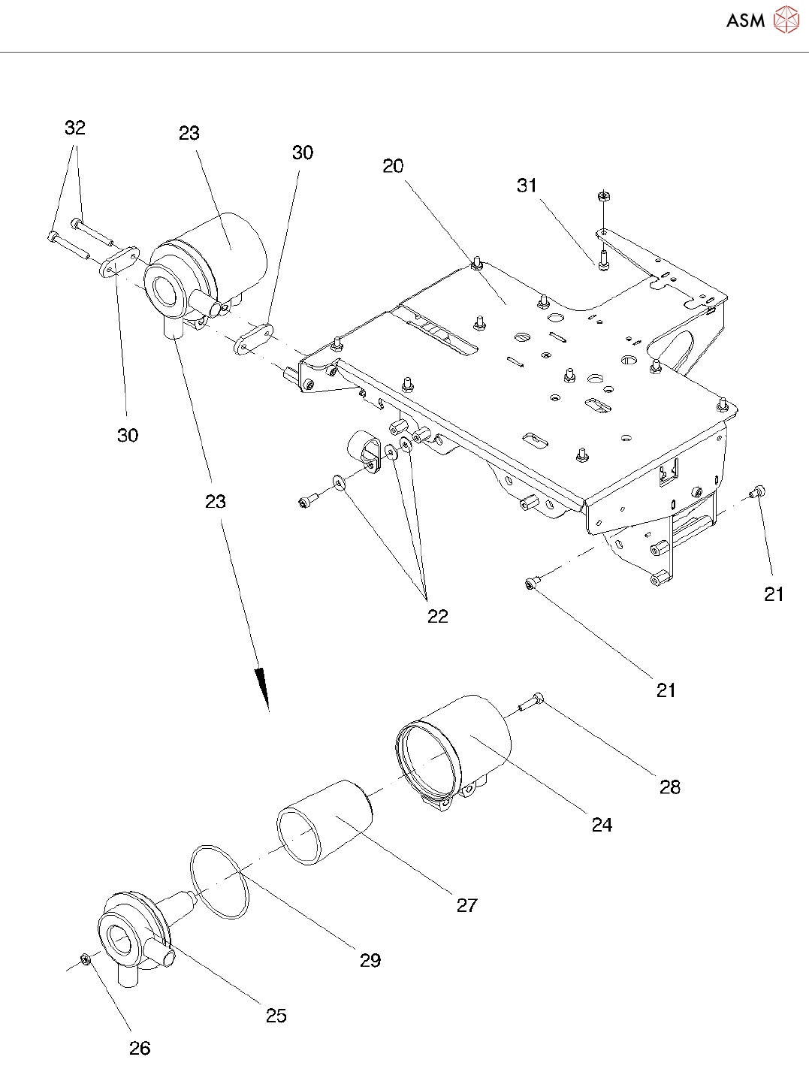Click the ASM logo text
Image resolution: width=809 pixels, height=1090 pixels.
click(x=745, y=20)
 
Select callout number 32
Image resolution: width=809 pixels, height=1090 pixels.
click(x=75, y=128)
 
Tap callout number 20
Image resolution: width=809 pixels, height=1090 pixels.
click(x=393, y=166)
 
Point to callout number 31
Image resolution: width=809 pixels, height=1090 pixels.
click(x=527, y=186)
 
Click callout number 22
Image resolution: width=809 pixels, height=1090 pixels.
click(x=437, y=616)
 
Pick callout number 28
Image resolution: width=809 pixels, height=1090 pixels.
click(x=670, y=787)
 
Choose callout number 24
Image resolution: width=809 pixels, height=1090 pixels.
click(x=602, y=825)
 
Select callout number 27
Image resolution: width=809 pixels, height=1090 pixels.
click(x=466, y=905)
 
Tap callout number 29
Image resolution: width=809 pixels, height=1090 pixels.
click(x=370, y=960)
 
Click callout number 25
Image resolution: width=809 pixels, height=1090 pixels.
click(x=276, y=1016)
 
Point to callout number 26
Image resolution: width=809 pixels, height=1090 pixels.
click(x=140, y=1048)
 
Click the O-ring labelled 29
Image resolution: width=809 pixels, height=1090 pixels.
click(x=219, y=880)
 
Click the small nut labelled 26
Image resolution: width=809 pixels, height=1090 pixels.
click(x=86, y=959)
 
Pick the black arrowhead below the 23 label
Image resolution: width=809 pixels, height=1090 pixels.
click(x=262, y=687)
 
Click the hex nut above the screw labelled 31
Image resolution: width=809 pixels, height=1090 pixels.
click(x=602, y=197)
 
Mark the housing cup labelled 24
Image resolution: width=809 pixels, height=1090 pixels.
click(x=458, y=751)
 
